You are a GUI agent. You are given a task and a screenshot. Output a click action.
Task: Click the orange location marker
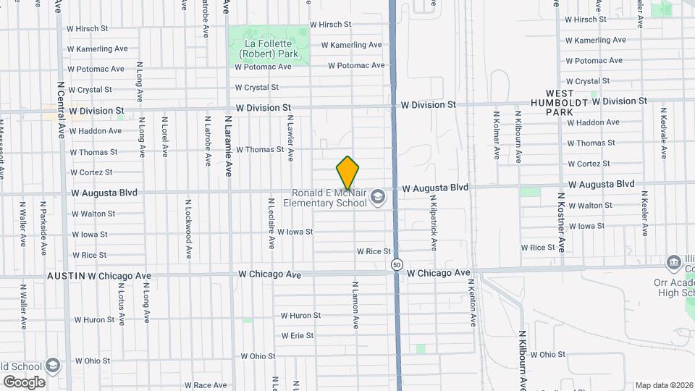[x=347, y=172]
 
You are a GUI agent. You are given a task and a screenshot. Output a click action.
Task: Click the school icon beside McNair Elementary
[x=377, y=197]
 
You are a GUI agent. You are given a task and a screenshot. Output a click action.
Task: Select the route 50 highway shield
[x=397, y=265]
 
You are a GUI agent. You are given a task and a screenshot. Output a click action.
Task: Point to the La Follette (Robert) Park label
[x=268, y=48]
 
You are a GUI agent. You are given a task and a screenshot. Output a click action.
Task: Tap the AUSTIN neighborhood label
[x=66, y=276]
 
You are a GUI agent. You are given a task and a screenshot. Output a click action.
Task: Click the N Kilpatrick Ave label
[x=433, y=222]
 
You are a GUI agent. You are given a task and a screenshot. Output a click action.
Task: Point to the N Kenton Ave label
[x=472, y=302]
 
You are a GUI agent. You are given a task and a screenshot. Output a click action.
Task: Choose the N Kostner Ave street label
[x=560, y=222]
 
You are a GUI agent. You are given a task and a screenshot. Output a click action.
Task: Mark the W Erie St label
[x=297, y=336]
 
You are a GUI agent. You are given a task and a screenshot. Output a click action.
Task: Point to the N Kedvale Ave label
[x=663, y=133]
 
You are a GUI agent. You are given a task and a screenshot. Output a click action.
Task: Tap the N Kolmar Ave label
[x=497, y=135]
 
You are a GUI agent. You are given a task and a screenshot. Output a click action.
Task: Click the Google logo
[x=23, y=382]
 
